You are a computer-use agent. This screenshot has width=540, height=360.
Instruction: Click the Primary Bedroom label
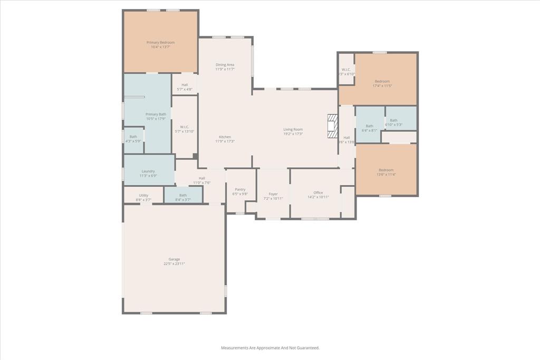pos(160,43)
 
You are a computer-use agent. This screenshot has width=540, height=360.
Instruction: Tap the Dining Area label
pos(225,65)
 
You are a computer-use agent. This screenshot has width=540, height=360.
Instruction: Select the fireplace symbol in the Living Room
pos(332,127)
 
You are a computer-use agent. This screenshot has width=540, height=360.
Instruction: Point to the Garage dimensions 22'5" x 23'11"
pos(174,264)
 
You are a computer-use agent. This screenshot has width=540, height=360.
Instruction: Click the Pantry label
pos(240,190)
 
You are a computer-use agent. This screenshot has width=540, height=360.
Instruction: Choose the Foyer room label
pos(273,194)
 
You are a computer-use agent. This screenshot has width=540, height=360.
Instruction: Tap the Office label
pos(318,193)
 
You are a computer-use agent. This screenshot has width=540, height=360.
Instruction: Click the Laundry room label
pos(148,171)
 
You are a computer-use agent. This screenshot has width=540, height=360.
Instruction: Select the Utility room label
pos(143,196)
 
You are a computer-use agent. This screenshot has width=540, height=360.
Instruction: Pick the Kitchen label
pos(225,137)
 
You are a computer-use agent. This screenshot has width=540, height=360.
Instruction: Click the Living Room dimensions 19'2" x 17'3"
pos(293,134)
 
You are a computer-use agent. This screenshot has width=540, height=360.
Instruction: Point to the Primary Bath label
pos(156,114)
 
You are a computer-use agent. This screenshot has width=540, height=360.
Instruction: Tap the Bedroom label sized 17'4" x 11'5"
pos(382,81)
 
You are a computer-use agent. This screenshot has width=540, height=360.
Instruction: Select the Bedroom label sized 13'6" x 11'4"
pos(386,170)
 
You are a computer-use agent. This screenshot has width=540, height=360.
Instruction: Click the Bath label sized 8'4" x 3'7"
pos(183,196)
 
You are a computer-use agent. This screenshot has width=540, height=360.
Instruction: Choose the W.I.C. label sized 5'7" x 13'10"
pos(185,127)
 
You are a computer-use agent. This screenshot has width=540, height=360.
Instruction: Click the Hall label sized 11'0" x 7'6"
pos(202,178)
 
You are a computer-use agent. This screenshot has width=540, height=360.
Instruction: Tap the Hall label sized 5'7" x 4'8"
pos(185,85)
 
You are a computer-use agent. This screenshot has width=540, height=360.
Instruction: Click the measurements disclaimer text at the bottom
pos(270,348)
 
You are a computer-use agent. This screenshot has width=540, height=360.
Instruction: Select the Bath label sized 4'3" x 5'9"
pos(133,137)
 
